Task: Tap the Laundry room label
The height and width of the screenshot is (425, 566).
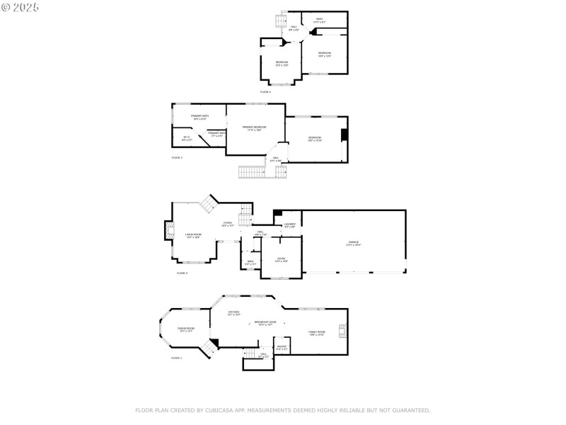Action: coord(289,225)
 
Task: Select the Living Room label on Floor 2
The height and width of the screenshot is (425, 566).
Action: coord(193,236)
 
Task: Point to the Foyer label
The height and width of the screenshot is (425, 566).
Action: coord(228,224)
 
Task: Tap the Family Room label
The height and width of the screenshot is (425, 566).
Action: coord(316,333)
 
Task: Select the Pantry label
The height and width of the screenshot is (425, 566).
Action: coord(282,347)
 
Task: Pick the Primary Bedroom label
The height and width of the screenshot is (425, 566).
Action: coord(254,128)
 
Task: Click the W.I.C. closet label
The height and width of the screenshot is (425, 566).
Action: coord(187,139)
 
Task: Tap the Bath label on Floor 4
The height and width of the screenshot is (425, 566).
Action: coord(320,21)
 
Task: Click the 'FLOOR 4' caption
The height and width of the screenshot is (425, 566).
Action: coord(265,92)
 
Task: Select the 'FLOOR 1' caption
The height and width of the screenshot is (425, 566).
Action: coord(176,358)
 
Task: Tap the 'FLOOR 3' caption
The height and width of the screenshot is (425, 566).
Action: coord(177,157)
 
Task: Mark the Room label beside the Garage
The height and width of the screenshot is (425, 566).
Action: coord(281,260)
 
